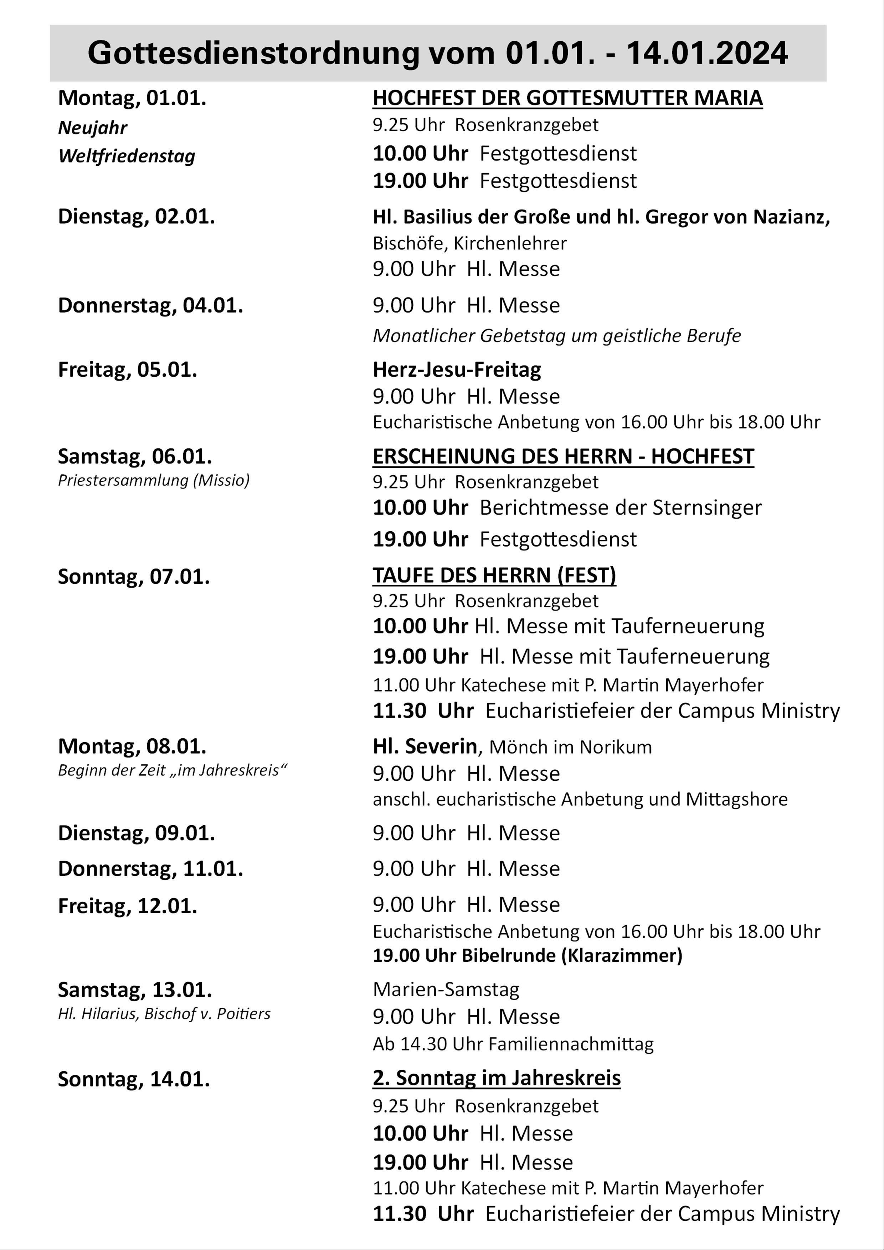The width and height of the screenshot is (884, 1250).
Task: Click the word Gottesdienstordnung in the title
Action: [253, 54]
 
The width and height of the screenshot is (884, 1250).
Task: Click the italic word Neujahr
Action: [93, 128]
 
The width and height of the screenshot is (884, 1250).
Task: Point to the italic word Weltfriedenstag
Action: [127, 156]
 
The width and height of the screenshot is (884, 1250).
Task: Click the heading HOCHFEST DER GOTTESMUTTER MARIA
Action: [567, 98]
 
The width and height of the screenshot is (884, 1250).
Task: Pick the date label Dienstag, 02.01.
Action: [136, 217]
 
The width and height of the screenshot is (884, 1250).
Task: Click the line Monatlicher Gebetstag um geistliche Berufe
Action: [557, 336]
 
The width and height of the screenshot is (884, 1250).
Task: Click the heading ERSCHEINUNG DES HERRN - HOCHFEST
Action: [563, 456]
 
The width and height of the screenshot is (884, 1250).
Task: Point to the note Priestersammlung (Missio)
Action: [154, 480]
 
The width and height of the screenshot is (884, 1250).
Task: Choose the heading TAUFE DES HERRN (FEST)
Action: [494, 575]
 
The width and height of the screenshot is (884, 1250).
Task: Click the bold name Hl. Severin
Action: [425, 747]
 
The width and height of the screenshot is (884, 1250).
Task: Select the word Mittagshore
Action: [736, 799]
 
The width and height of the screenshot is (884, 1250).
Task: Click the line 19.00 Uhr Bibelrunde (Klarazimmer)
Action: [527, 955]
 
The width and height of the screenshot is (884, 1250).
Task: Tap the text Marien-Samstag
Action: [446, 989]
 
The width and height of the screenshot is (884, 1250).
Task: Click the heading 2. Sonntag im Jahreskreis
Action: [496, 1078]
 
